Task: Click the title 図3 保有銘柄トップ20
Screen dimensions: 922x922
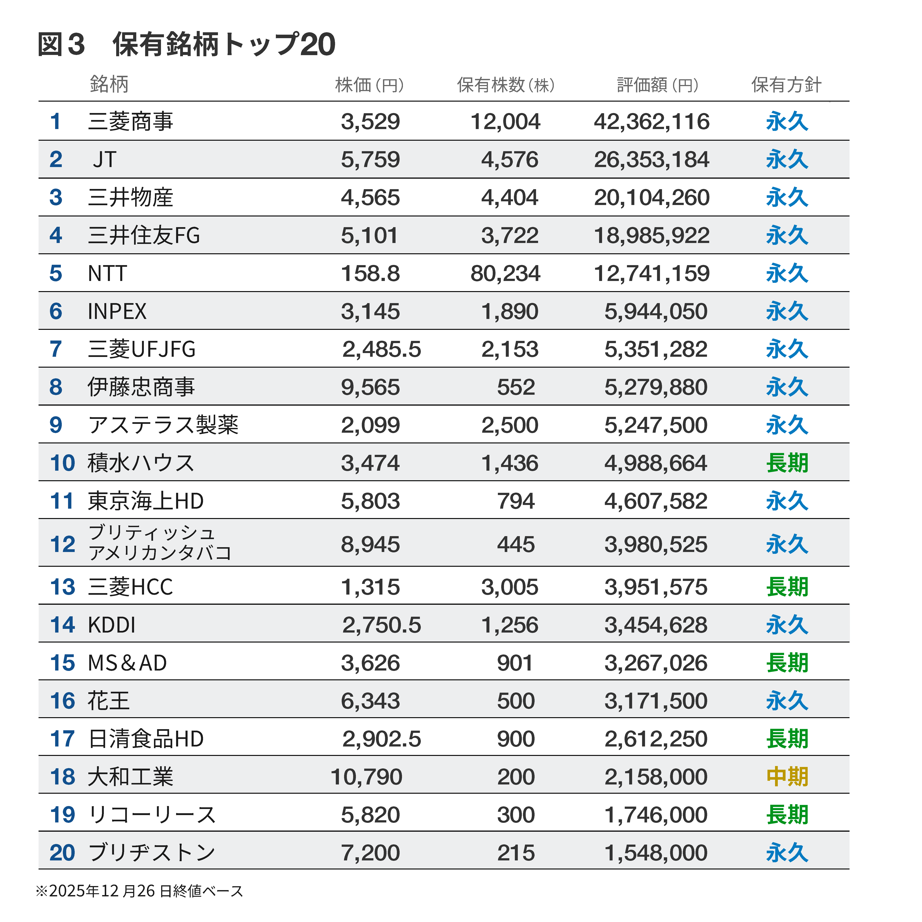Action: coord(186,45)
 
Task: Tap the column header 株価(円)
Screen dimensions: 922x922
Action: coord(370,85)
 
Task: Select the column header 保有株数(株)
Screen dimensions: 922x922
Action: coord(506,85)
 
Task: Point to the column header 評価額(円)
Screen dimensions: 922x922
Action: coord(658,85)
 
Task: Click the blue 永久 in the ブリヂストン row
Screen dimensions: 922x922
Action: coord(787,853)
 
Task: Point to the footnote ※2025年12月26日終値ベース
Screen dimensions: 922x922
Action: coord(139,890)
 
